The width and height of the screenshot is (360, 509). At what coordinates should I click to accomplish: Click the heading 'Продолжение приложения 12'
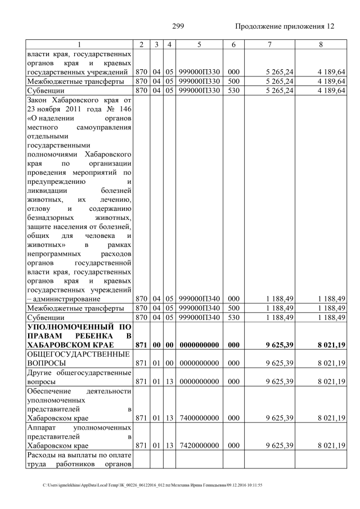[284, 26]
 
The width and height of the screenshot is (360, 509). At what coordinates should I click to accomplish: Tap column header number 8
[321, 44]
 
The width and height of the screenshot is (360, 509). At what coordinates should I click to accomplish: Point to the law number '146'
[124, 109]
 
